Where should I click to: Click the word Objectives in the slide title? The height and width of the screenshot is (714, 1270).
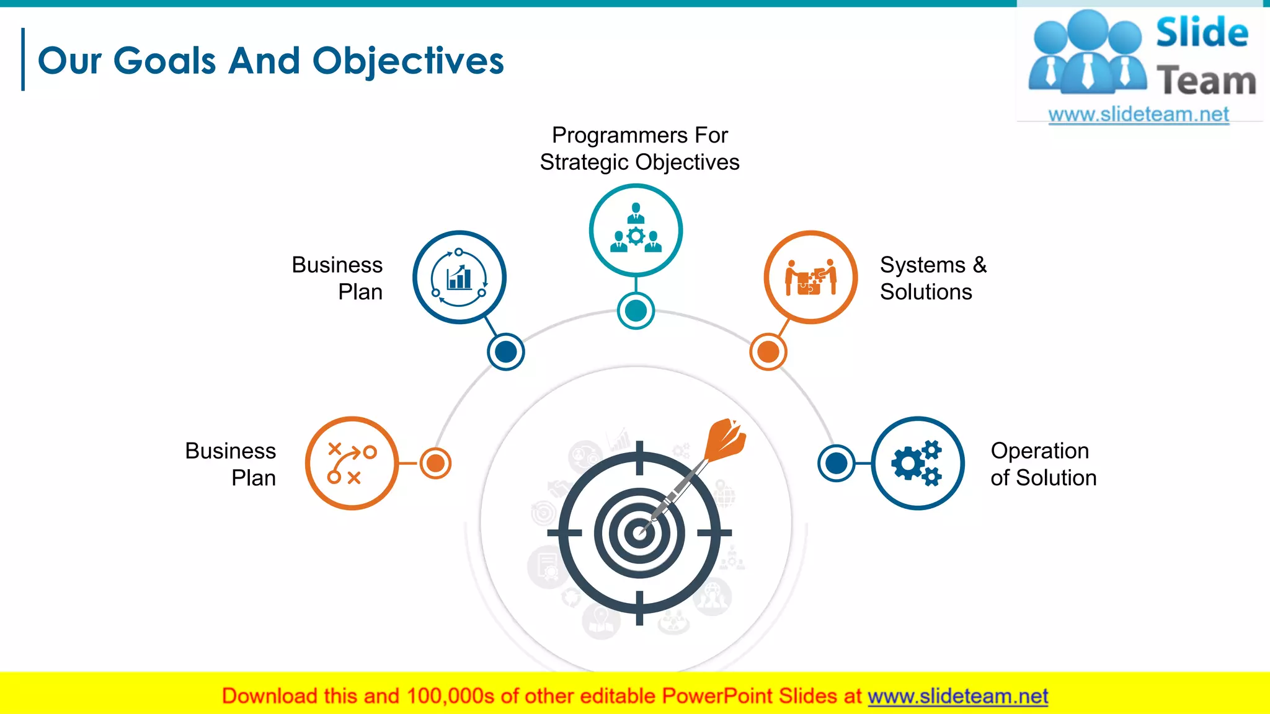(x=408, y=62)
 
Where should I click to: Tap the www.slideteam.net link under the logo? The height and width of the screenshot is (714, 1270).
(x=1139, y=115)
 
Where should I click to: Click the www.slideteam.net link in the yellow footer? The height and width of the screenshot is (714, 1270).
(x=957, y=697)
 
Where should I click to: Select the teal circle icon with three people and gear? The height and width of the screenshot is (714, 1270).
(x=636, y=231)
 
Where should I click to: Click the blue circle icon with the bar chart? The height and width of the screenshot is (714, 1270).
(x=460, y=278)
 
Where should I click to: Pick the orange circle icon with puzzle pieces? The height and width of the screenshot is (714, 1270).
(x=810, y=278)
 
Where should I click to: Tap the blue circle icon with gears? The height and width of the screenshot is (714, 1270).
(x=917, y=464)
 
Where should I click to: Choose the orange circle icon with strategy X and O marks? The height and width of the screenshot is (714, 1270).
(x=352, y=464)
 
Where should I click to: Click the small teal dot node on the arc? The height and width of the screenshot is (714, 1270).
(x=636, y=311)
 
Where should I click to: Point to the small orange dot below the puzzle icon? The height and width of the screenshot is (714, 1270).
(x=768, y=352)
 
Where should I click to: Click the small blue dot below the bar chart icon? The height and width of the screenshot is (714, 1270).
(x=506, y=352)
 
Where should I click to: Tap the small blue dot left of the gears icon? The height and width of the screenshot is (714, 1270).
(x=837, y=463)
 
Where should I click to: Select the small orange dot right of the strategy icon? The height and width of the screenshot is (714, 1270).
(x=435, y=463)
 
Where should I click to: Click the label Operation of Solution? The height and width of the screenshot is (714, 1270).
(x=1043, y=464)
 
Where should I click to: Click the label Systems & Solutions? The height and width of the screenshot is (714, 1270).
(x=933, y=278)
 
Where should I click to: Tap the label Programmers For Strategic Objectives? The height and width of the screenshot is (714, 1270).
(x=639, y=149)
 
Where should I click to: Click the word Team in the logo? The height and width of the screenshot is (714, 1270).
(x=1206, y=81)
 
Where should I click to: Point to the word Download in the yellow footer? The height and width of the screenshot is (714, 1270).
(x=269, y=697)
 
